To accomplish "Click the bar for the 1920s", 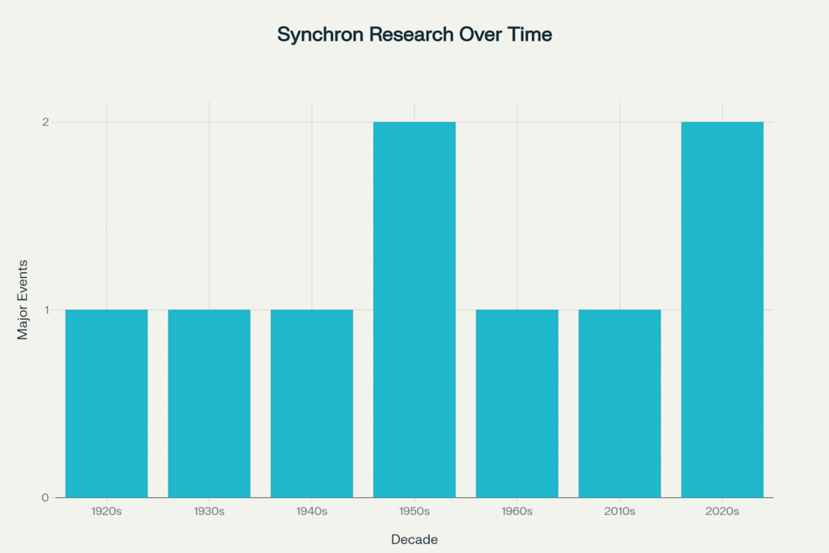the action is pyautogui.click(x=106, y=403).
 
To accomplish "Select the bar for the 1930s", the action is pyautogui.click(x=209, y=403).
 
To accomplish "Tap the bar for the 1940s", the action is pyautogui.click(x=312, y=403).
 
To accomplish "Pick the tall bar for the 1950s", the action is pyautogui.click(x=414, y=310).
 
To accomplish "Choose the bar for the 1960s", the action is pyautogui.click(x=517, y=403).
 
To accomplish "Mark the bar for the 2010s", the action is pyautogui.click(x=619, y=403).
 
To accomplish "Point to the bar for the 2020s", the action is pyautogui.click(x=721, y=310).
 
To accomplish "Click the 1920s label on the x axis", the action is pyautogui.click(x=106, y=511).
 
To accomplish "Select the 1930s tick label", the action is pyautogui.click(x=209, y=511).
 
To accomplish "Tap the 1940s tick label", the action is pyautogui.click(x=312, y=511).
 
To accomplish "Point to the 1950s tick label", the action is pyautogui.click(x=414, y=511).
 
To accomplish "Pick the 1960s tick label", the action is pyautogui.click(x=517, y=511).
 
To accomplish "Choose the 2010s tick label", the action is pyautogui.click(x=619, y=511).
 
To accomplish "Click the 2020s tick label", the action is pyautogui.click(x=721, y=511).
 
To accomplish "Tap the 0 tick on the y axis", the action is pyautogui.click(x=45, y=497).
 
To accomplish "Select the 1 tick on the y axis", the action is pyautogui.click(x=46, y=310).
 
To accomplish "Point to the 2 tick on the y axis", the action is pyautogui.click(x=45, y=122).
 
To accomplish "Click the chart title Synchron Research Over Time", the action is pyautogui.click(x=414, y=34).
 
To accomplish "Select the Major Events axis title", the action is pyautogui.click(x=22, y=300).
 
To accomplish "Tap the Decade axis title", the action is pyautogui.click(x=414, y=540).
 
